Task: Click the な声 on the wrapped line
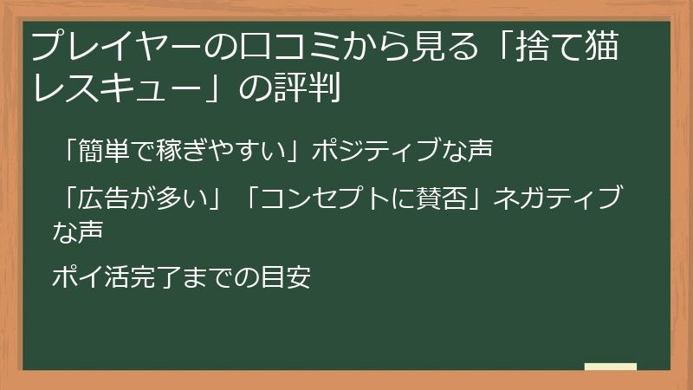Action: [x=77, y=231]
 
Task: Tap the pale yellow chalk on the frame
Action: [x=611, y=367]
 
